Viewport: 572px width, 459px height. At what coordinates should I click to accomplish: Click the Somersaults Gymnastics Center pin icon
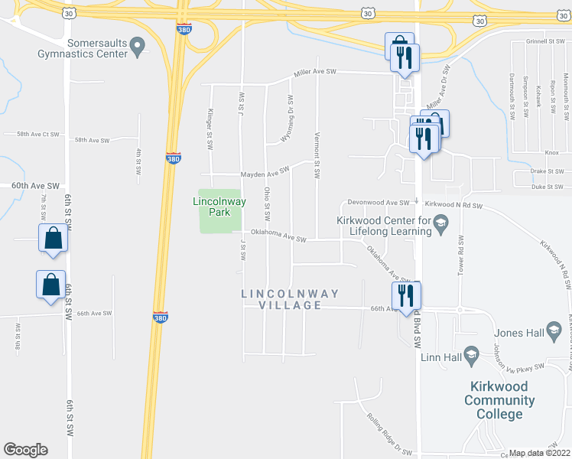138,47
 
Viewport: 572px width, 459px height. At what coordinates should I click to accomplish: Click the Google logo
25,450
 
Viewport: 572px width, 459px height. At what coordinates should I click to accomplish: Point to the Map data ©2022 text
540,453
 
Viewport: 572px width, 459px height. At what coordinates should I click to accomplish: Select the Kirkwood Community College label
504,400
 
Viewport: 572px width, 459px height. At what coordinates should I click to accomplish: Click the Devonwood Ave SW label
378,203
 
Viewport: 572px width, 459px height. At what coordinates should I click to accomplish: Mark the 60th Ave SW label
35,186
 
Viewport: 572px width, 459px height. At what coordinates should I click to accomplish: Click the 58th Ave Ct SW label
31,134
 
